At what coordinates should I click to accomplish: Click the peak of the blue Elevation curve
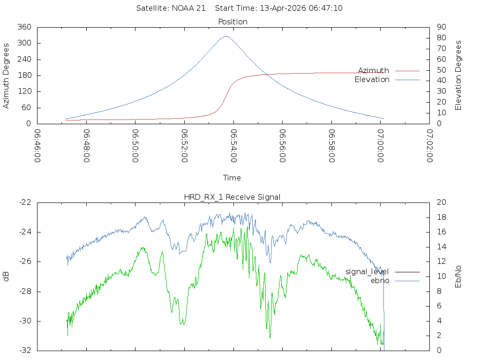226,36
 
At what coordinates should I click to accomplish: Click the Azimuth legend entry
374,71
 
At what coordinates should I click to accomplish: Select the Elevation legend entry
372,80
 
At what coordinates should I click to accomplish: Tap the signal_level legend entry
367,272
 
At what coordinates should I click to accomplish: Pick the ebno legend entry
380,281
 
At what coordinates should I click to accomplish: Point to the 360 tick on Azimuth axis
24,27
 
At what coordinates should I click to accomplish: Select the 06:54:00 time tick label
233,146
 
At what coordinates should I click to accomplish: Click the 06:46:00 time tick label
37,146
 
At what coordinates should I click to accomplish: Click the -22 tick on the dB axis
25,202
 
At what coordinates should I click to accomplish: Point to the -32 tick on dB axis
25,350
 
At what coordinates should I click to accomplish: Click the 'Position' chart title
233,22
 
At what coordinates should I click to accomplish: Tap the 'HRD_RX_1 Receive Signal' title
232,197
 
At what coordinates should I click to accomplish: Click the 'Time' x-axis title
232,178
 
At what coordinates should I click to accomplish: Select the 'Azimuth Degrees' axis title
6,75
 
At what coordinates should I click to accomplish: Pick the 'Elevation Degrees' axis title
458,75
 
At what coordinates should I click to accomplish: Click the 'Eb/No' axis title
458,276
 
